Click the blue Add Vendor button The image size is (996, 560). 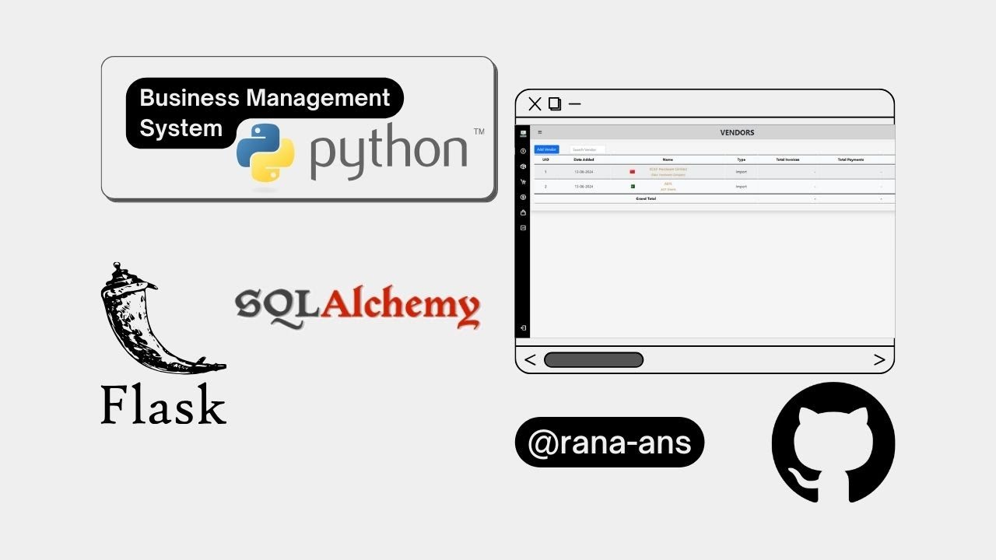pos(546,149)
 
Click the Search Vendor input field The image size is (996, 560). pos(587,149)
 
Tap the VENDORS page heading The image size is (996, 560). pos(737,132)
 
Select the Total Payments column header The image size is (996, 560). pos(850,159)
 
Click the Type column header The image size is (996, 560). pos(741,159)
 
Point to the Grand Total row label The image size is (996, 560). pos(646,198)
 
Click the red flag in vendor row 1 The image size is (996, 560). pos(633,172)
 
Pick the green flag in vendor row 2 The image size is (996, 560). pos(633,187)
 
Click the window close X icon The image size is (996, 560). pos(535,104)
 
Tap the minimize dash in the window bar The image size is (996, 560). pos(575,103)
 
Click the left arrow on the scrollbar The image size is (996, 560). pos(530,360)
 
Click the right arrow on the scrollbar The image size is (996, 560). pos(879,360)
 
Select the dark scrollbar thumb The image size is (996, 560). pos(594,360)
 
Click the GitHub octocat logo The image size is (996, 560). pos(833,443)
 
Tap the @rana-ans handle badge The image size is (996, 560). pos(609,443)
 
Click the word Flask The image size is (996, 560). pos(163,405)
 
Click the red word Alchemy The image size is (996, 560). pos(400,306)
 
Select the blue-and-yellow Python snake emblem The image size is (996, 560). pos(265,152)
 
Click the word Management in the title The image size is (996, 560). pos(318,98)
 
